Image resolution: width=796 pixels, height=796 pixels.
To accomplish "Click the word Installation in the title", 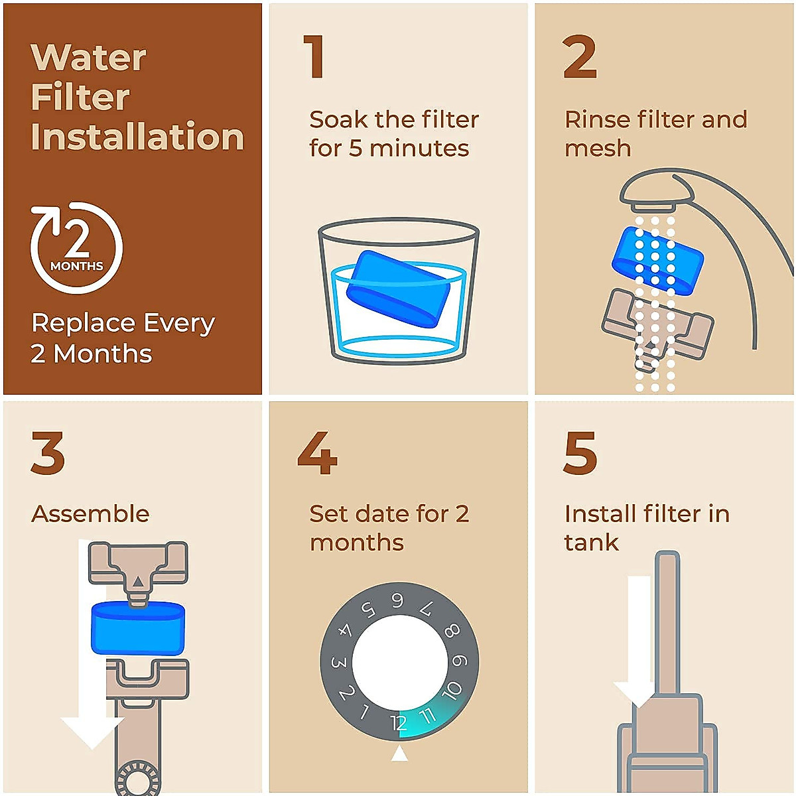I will click(x=137, y=137).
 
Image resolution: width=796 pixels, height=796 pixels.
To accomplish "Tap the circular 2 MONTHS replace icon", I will click(x=76, y=247).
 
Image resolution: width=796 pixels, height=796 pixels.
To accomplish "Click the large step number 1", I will click(x=314, y=58).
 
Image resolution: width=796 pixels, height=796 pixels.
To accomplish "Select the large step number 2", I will click(x=580, y=58).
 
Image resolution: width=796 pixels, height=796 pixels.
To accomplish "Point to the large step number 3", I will click(x=48, y=453).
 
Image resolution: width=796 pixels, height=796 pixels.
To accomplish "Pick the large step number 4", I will click(x=317, y=453).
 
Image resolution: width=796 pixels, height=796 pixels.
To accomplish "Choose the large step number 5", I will click(x=580, y=453).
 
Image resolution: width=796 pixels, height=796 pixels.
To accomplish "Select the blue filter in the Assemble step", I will click(x=137, y=628).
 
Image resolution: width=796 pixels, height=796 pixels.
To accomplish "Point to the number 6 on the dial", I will click(x=397, y=601).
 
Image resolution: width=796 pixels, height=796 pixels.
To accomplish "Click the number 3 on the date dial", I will click(x=338, y=662).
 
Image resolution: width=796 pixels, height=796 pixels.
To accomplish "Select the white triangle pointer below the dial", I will click(x=399, y=754).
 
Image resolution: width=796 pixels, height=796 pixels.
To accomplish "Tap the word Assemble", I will click(x=90, y=514).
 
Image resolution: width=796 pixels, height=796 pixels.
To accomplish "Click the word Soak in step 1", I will click(x=338, y=120).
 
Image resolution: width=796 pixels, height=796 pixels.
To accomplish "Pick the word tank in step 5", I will click(x=591, y=543).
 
